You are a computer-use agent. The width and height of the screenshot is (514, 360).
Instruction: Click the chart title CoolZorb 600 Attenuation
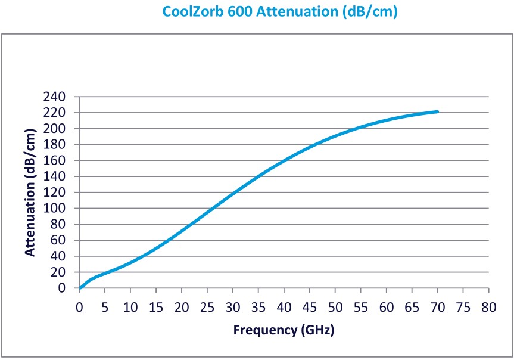point(279,11)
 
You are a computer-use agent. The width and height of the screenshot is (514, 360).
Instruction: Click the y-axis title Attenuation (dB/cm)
point(30,193)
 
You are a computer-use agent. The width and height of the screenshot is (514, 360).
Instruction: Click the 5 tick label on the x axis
point(105,307)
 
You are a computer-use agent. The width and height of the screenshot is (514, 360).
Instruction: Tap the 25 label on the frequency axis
point(207,307)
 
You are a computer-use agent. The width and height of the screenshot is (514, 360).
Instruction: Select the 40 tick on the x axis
point(284,307)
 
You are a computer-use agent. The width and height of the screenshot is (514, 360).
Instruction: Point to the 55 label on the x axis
point(361,307)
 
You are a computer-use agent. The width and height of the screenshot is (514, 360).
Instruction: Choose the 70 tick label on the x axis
point(438,307)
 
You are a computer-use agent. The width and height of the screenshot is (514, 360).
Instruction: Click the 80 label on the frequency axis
point(488,307)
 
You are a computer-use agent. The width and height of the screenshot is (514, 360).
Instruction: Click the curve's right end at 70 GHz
point(438,111)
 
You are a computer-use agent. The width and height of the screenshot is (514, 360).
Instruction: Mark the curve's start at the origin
point(80,288)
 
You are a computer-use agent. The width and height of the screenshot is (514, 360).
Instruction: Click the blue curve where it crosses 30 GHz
point(233,193)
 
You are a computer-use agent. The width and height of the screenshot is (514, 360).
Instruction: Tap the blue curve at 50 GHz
point(335,136)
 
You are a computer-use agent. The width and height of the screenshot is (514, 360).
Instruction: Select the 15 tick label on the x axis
point(156,307)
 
